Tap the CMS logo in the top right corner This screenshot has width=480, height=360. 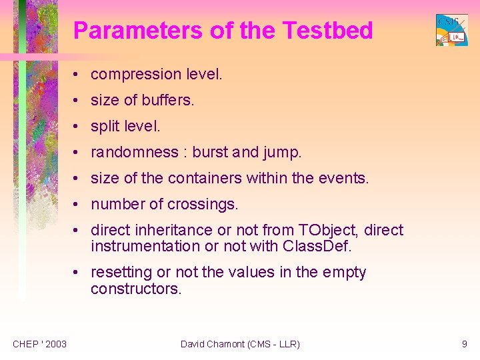click(451, 30)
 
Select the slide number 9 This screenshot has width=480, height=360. click(464, 344)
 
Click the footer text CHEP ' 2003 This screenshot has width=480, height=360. click(39, 344)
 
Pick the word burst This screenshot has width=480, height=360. click(209, 153)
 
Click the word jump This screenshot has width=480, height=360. click(283, 153)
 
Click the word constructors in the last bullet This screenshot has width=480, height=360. click(135, 289)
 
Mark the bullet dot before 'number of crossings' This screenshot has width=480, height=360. click(78, 205)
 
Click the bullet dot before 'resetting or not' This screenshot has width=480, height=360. click(78, 273)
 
